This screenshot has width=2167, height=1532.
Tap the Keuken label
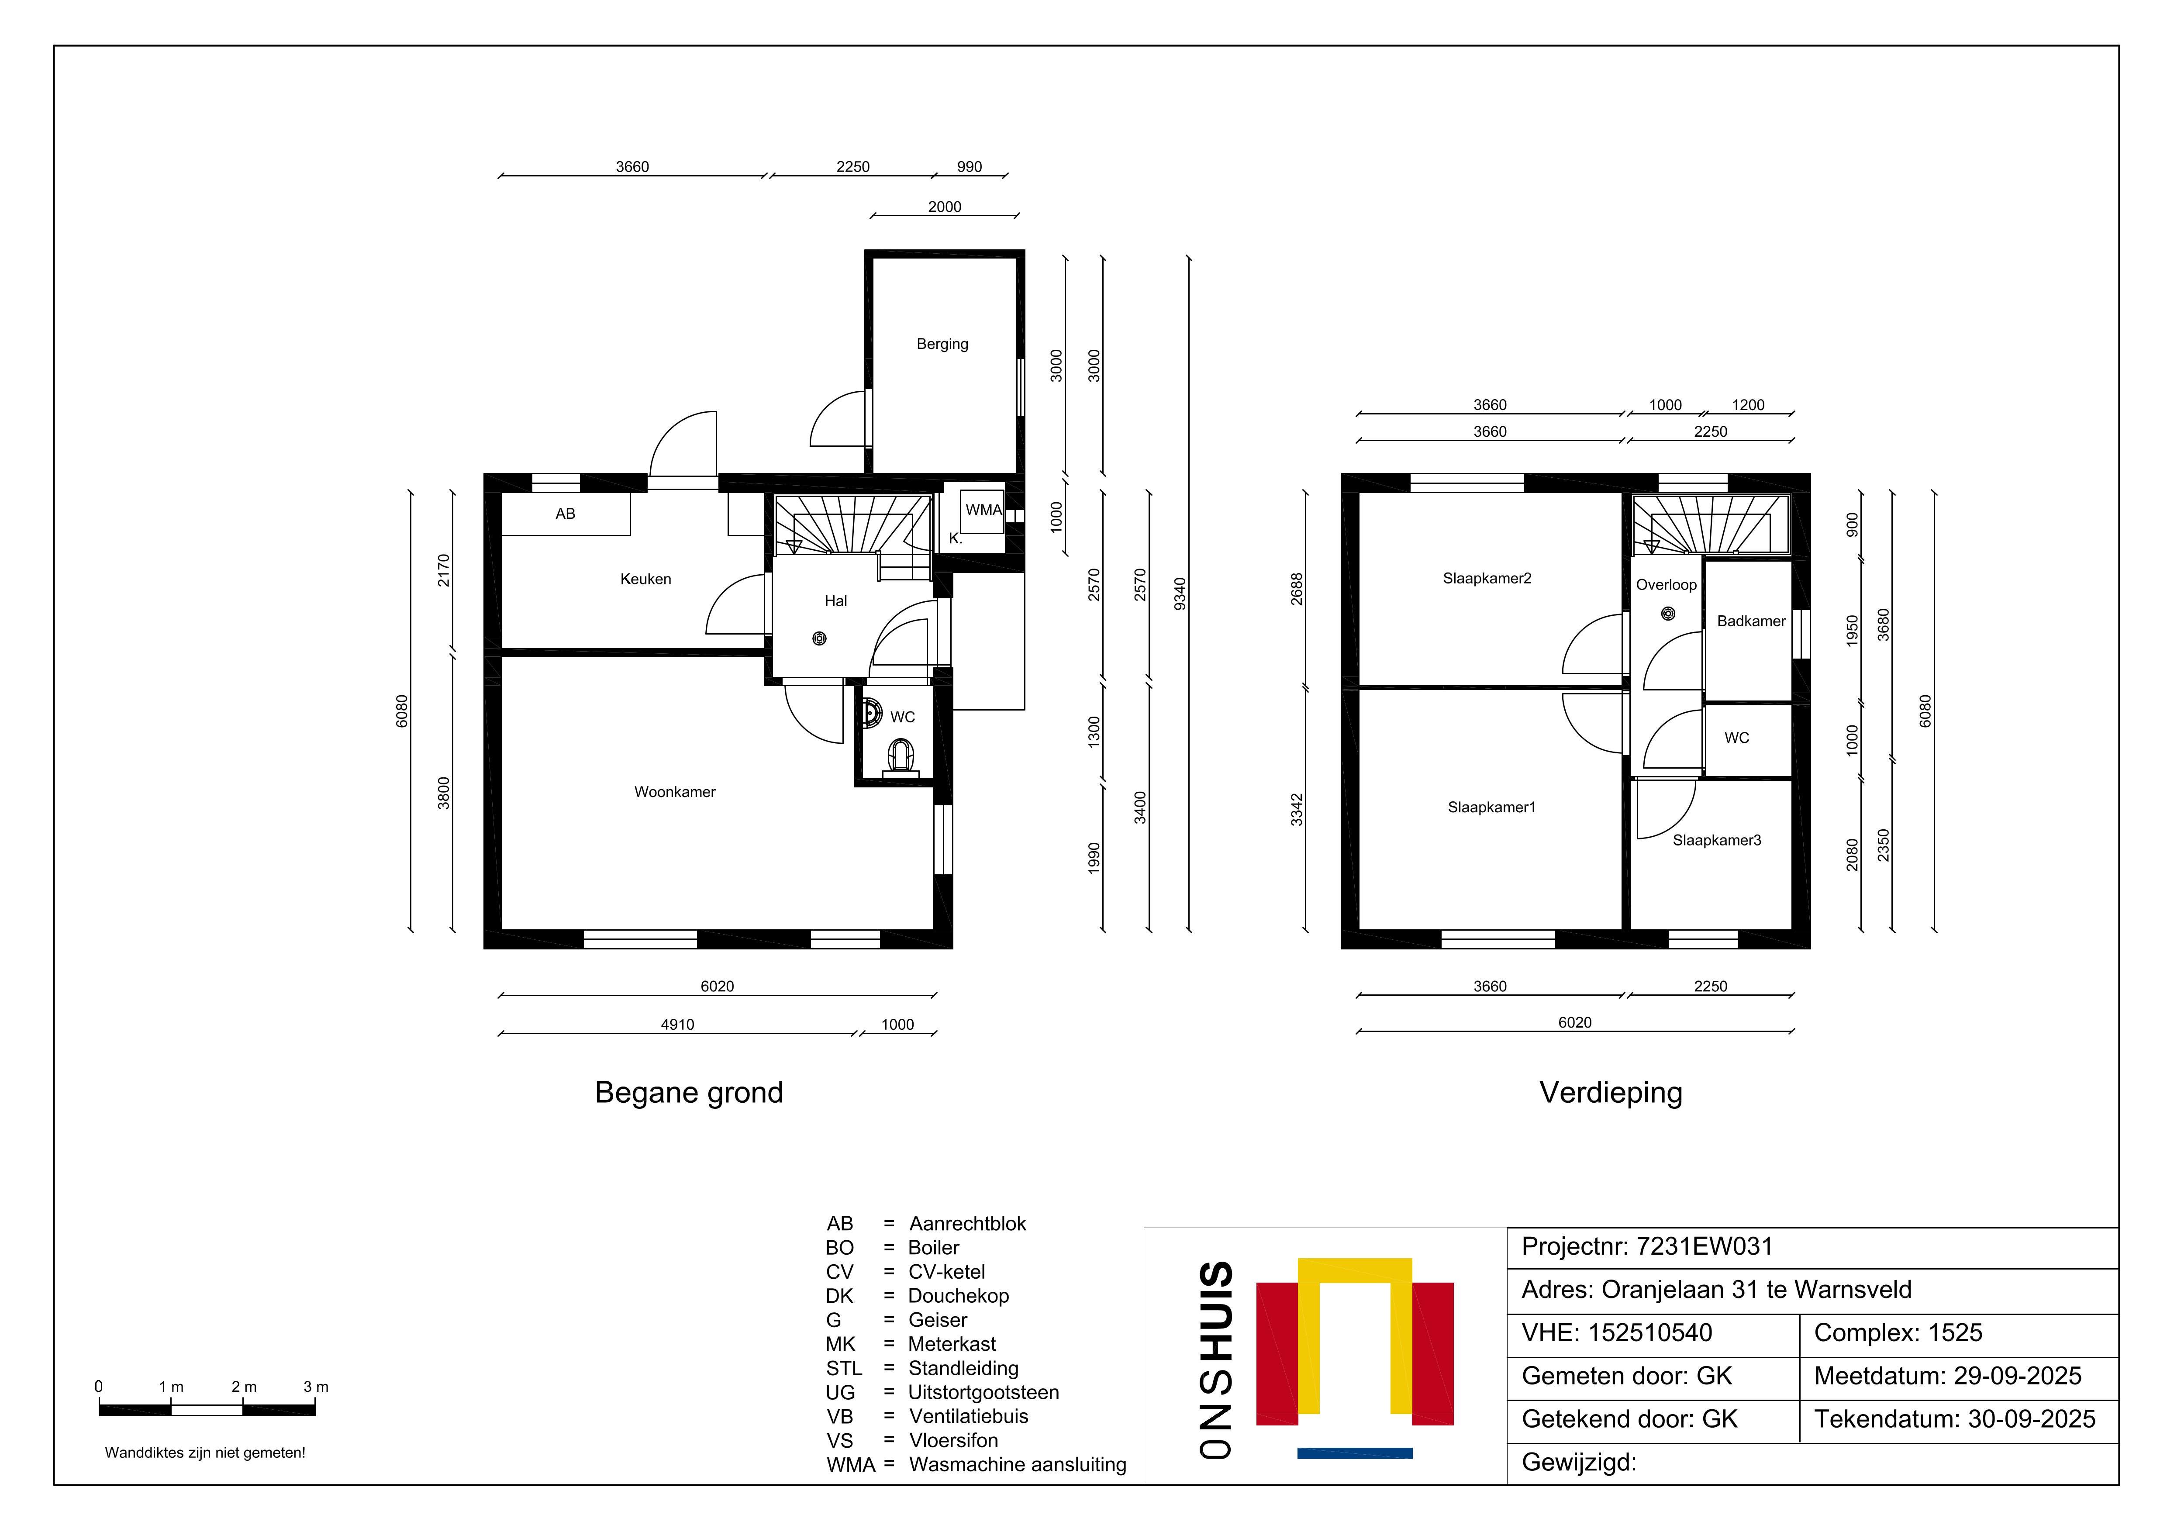pos(645,579)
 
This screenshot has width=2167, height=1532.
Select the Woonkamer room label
pos(675,792)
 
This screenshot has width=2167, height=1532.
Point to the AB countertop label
pos(566,514)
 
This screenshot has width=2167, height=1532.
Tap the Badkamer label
pos(1751,621)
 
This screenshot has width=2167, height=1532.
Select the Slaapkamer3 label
pos(1717,840)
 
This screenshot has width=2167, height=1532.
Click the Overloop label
pos(1666,584)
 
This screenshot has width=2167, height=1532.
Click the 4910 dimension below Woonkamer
pos(678,1024)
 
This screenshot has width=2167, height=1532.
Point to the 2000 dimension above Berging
pos(945,207)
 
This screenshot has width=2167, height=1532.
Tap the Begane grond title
pos(689,1092)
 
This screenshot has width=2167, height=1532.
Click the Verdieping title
pos(1611,1092)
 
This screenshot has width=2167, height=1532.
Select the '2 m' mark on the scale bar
pos(244,1387)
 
